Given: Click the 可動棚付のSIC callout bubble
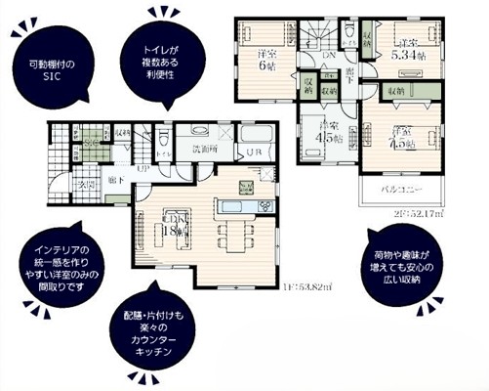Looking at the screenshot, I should tap(49, 70).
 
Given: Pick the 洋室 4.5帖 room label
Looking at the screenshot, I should tap(327, 130).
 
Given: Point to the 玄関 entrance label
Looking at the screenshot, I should tap(87, 184).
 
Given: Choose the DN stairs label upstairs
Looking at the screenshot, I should tap(330, 58).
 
